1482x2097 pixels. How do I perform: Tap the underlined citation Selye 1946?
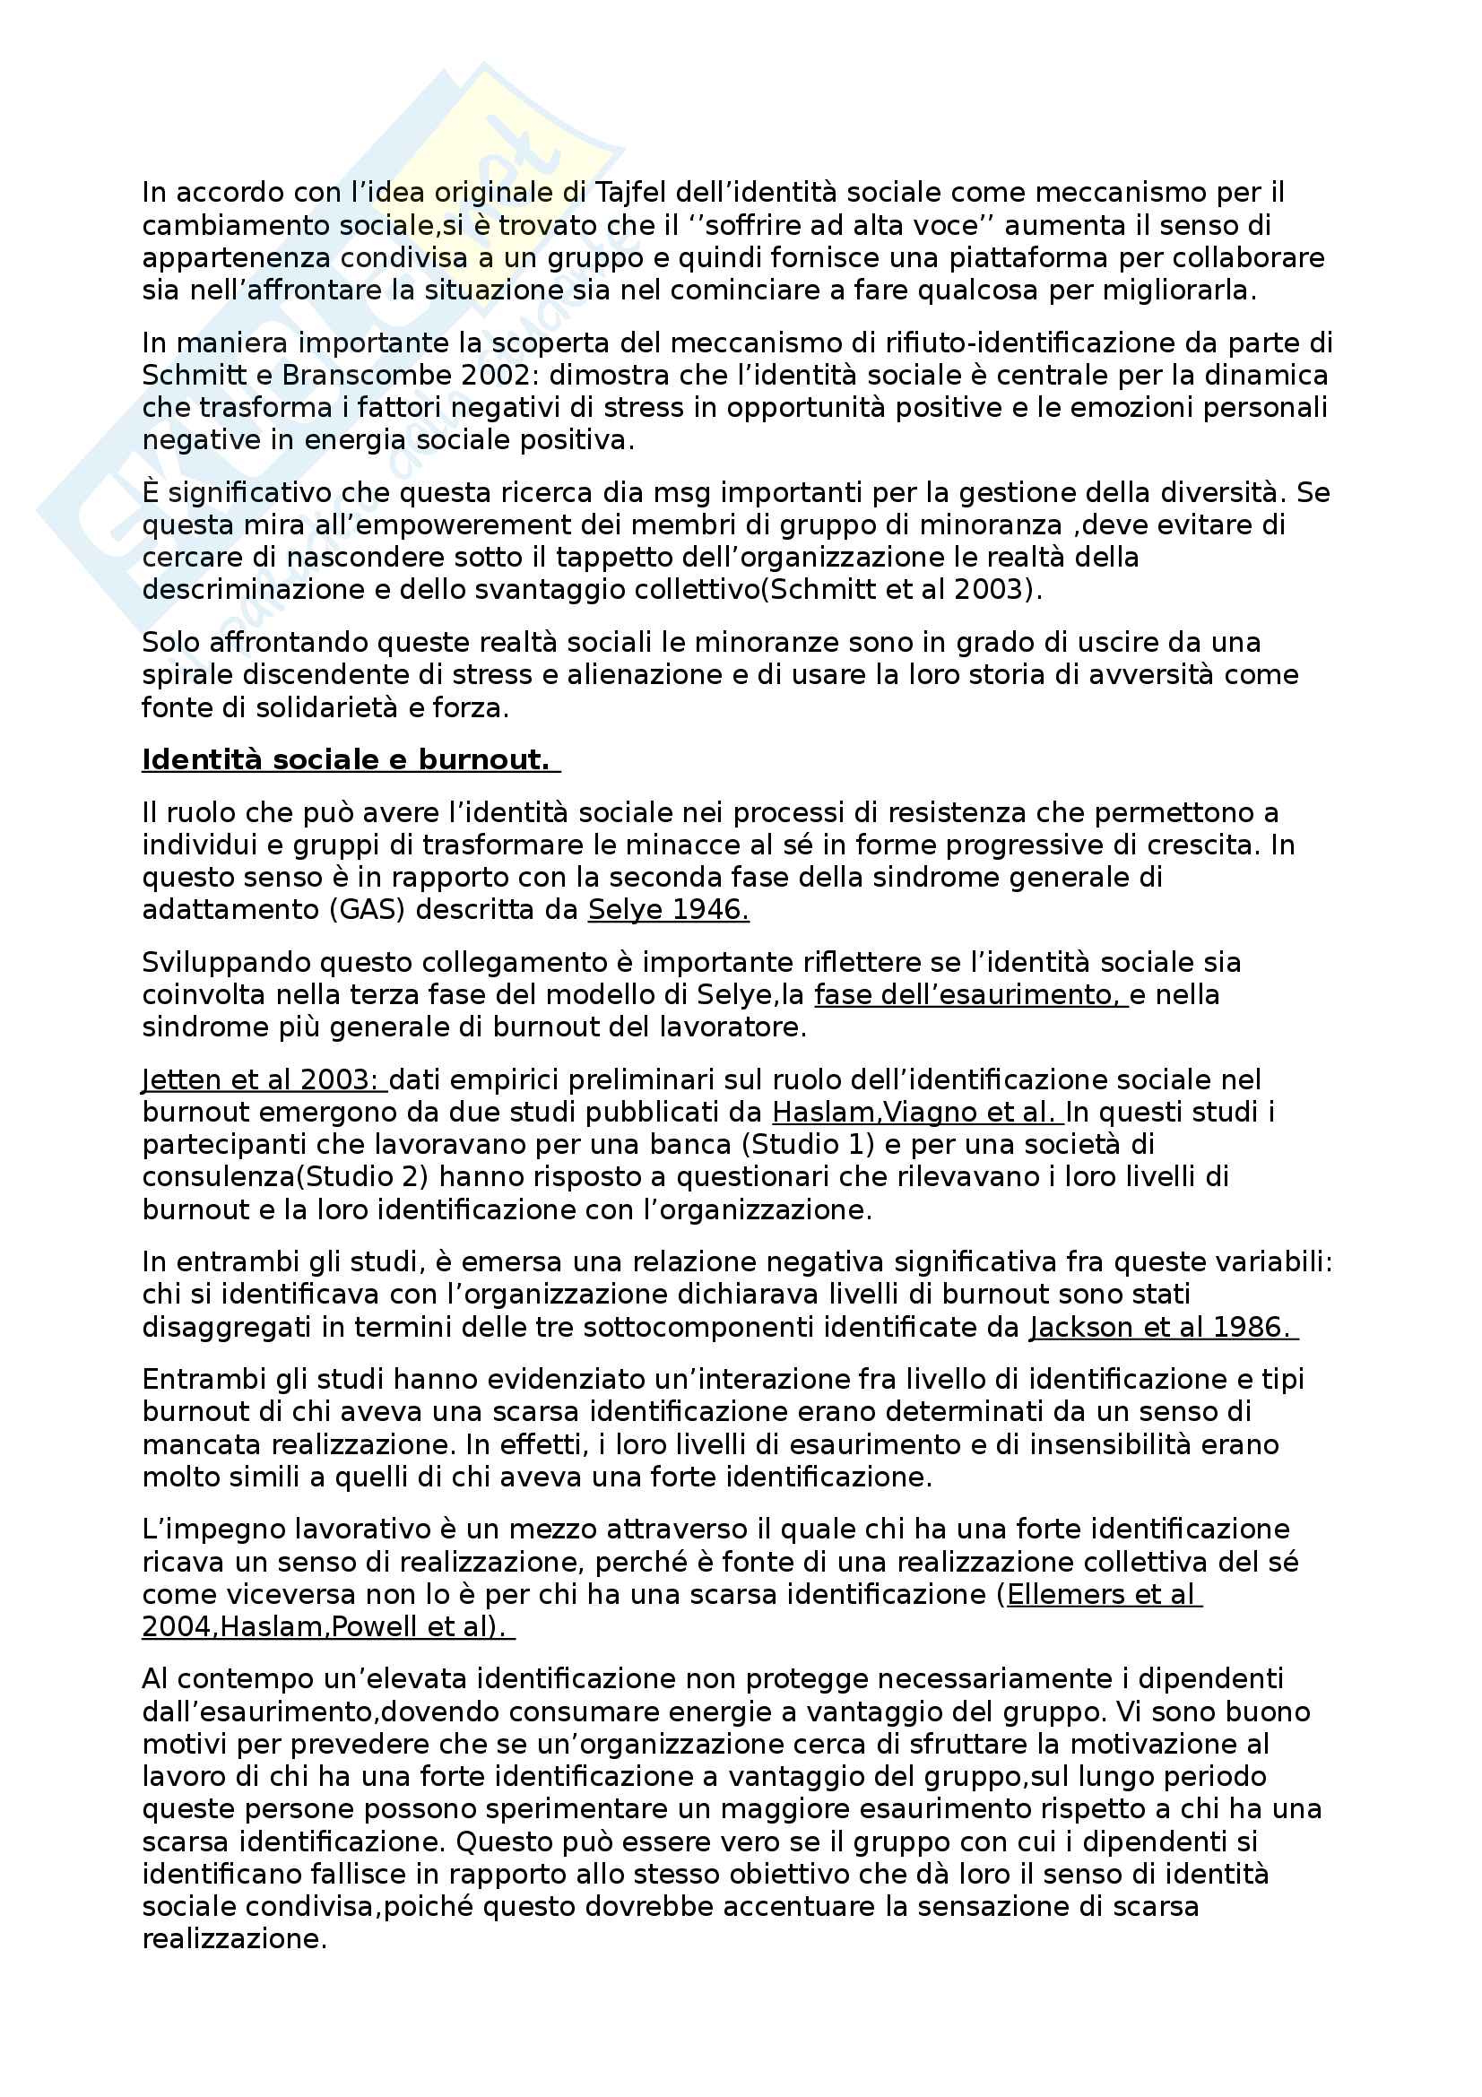click(669, 910)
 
